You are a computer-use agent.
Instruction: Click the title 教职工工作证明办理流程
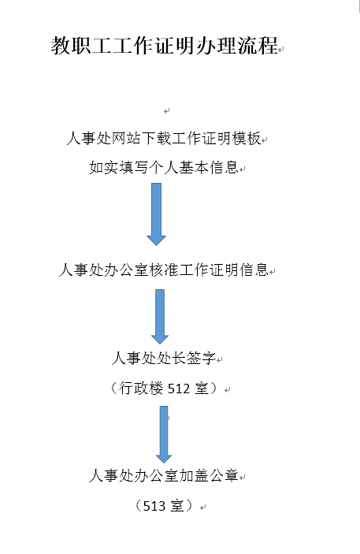tap(165, 45)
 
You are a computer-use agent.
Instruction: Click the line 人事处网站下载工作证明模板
tap(164, 138)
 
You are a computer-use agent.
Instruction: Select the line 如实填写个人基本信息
tap(164, 168)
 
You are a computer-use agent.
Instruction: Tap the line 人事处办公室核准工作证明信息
tap(164, 270)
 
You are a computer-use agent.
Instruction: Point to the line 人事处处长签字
tap(164, 359)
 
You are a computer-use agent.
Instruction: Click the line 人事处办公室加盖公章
tap(164, 475)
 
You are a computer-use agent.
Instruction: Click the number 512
tap(179, 389)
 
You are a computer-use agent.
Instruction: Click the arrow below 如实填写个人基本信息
tap(156, 214)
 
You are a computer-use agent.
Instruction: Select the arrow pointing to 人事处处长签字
tap(160, 317)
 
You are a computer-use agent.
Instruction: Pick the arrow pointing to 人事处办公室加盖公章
tap(164, 434)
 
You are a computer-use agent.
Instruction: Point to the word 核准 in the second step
tap(164, 270)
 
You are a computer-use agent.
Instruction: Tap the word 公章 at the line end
tap(225, 475)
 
